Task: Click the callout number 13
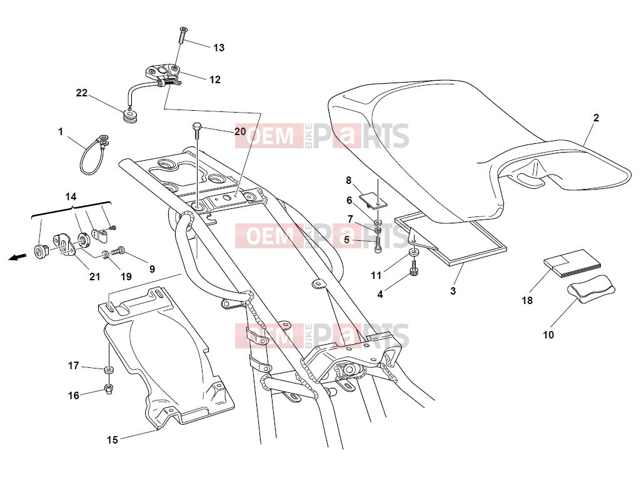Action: click(219, 48)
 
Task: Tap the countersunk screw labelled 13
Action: click(183, 35)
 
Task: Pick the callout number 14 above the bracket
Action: click(71, 197)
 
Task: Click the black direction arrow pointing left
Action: click(18, 257)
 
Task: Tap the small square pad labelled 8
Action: click(373, 200)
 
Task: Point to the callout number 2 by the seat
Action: click(596, 118)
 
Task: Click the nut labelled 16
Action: click(108, 388)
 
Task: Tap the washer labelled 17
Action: click(108, 370)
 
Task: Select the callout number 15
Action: click(112, 440)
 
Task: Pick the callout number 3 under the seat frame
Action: click(453, 292)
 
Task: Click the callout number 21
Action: click(94, 277)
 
